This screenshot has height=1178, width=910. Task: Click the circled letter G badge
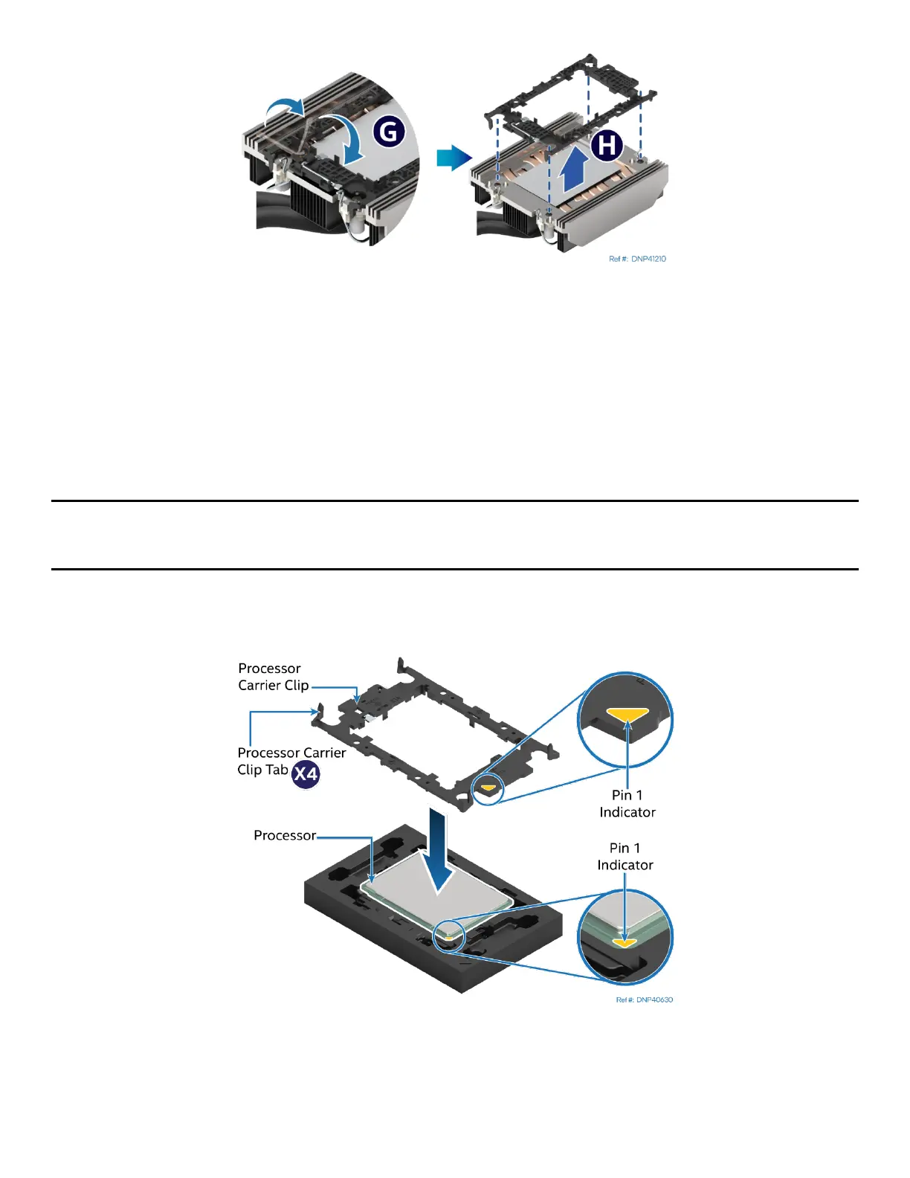point(388,132)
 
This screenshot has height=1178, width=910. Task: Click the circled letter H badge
point(607,145)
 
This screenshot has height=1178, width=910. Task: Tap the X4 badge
point(306,774)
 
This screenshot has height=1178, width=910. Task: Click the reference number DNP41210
point(637,259)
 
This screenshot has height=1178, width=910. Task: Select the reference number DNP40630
point(644,1000)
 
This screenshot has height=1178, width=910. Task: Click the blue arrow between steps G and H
point(454,158)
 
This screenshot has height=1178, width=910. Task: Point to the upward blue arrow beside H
point(571,172)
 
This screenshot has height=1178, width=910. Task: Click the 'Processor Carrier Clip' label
point(272,677)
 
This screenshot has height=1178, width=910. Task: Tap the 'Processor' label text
point(285,835)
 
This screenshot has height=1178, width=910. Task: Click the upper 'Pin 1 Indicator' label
point(627,804)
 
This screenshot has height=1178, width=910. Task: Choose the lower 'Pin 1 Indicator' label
point(625,856)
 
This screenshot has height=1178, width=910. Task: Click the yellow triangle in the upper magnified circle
point(627,715)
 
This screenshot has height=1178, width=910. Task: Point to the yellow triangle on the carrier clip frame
point(488,787)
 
